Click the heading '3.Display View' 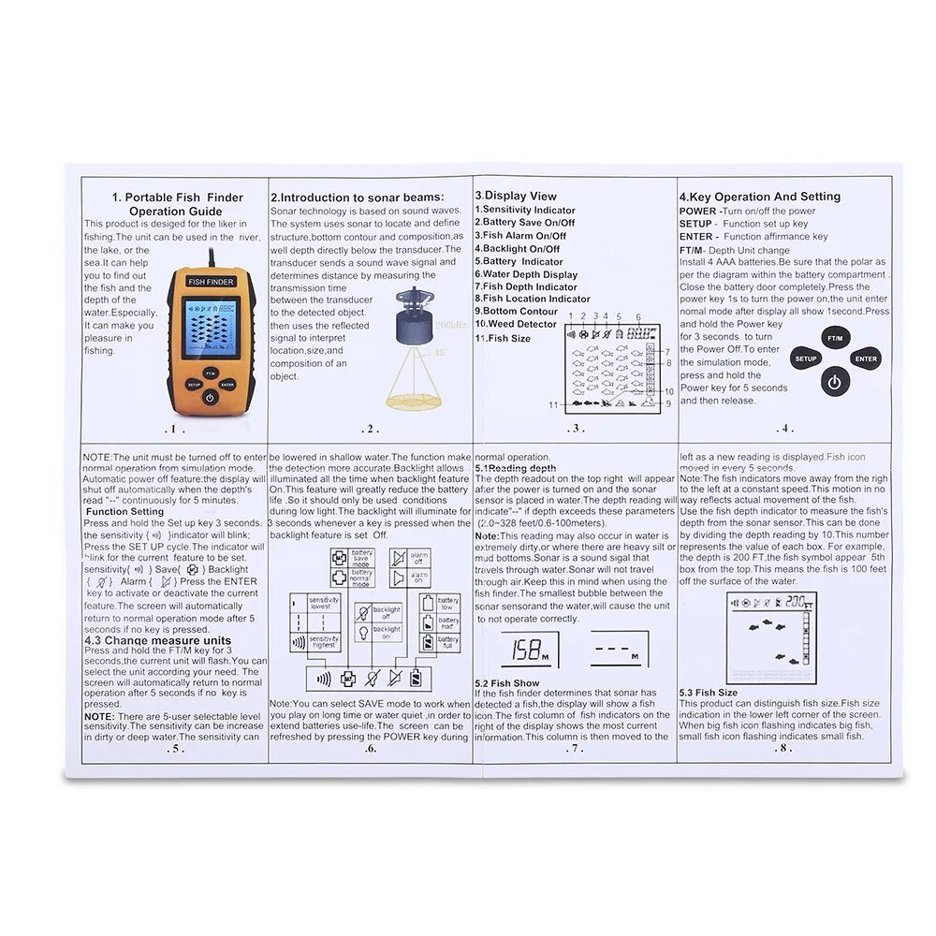pyautogui.click(x=516, y=197)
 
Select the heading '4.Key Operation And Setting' pyautogui.click(x=759, y=197)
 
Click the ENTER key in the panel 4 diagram pyautogui.click(x=866, y=358)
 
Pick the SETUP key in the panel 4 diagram pyautogui.click(x=805, y=358)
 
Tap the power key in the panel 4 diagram pyautogui.click(x=835, y=381)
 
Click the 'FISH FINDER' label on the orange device pyautogui.click(x=210, y=281)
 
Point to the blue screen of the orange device pyautogui.click(x=209, y=328)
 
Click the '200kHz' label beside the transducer pyautogui.click(x=449, y=325)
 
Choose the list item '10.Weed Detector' pyautogui.click(x=516, y=324)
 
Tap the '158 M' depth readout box pyautogui.click(x=529, y=649)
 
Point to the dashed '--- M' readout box pyautogui.click(x=619, y=649)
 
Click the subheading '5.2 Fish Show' pyautogui.click(x=507, y=684)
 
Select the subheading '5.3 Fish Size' pyautogui.click(x=709, y=693)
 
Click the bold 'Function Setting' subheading pyautogui.click(x=124, y=512)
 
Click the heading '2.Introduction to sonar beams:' pyautogui.click(x=356, y=197)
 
